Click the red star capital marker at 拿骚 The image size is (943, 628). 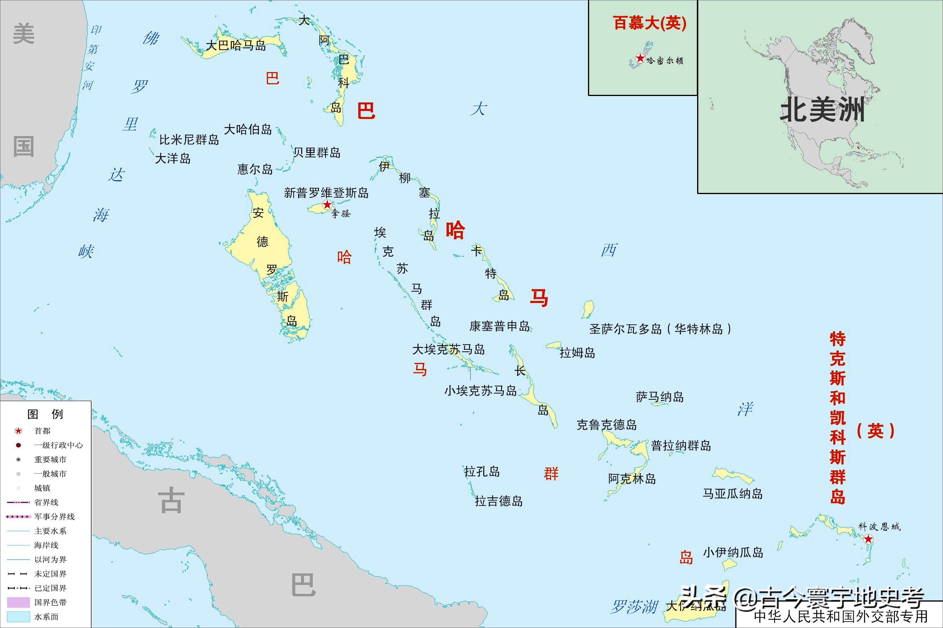327,205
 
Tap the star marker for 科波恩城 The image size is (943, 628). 868,539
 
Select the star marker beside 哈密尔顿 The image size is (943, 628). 640,58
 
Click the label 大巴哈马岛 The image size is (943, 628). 236,45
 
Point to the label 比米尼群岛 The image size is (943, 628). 189,140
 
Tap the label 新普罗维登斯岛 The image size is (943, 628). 326,193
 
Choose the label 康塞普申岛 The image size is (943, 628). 499,326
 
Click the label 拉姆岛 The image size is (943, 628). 577,353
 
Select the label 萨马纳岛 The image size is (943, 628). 660,397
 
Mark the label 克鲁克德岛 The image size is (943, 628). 606,425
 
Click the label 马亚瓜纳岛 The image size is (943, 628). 732,494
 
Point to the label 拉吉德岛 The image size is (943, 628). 498,501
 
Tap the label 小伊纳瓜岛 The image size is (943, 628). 733,553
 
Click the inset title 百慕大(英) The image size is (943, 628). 650,23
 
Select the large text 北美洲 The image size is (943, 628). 822,109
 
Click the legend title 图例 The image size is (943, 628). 45,414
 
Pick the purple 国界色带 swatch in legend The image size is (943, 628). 18,602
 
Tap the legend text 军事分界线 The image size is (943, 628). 55,517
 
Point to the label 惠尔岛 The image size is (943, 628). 255,169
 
